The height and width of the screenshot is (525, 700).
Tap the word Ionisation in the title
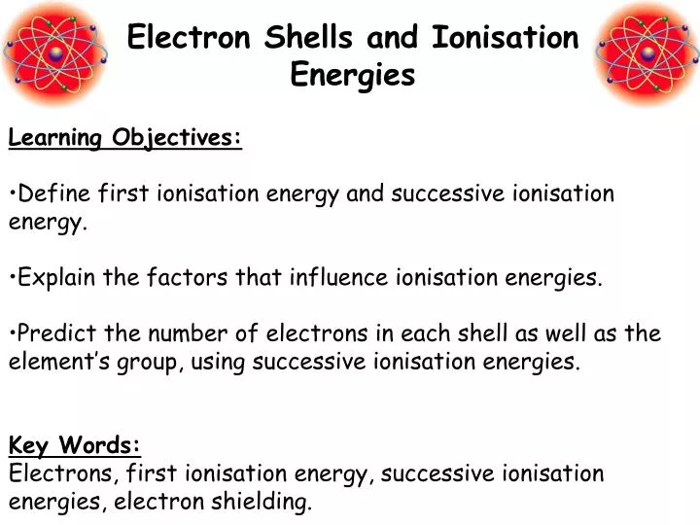[x=505, y=38]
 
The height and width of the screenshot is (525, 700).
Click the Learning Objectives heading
[x=125, y=137]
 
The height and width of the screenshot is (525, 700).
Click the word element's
[x=48, y=363]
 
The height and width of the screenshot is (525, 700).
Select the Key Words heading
[x=75, y=445]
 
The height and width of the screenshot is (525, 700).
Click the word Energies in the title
[x=353, y=74]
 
